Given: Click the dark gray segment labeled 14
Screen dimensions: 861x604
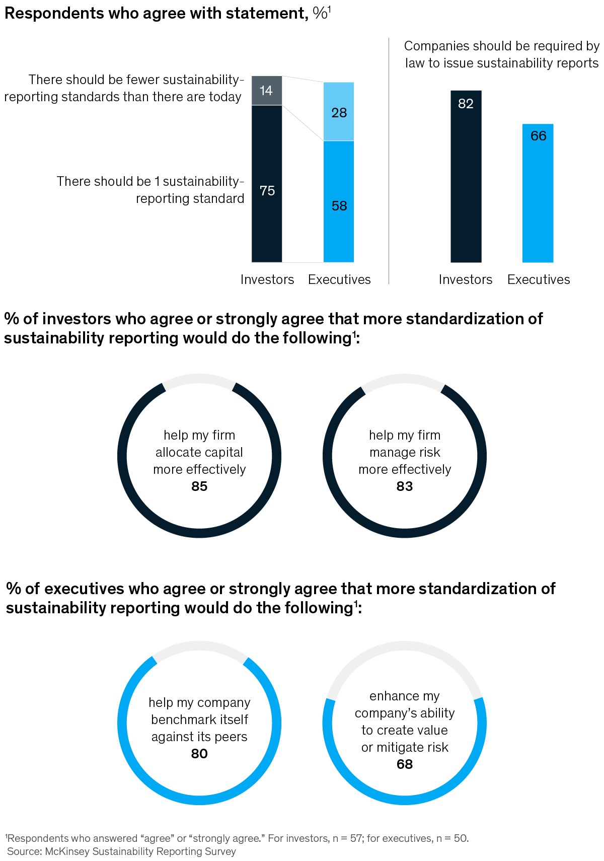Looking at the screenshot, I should tap(267, 91).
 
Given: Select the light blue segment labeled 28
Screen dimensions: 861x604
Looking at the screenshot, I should tap(339, 112).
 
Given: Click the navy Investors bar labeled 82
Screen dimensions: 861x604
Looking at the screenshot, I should tap(466, 176).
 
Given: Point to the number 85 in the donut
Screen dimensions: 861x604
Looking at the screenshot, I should tap(199, 486).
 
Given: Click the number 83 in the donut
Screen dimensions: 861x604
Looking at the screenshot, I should tap(405, 486).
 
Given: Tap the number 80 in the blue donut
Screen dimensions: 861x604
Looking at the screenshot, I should tap(199, 754).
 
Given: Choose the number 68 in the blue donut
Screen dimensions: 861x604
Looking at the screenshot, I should tap(405, 764).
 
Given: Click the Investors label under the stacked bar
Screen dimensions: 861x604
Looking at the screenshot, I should tap(267, 279).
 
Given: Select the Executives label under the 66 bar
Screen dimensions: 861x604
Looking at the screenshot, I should tap(539, 279).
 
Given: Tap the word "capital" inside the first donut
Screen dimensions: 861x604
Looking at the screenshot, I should tap(224, 452).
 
